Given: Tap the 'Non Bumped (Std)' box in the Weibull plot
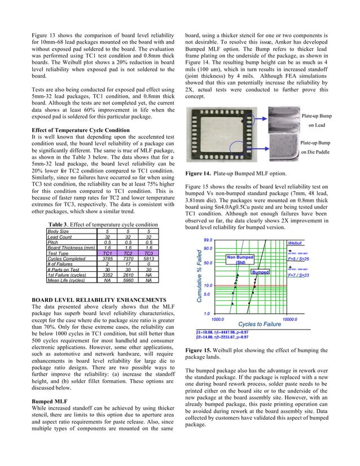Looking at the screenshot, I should [x=240, y=260].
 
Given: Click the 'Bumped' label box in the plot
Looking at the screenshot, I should [x=260, y=272].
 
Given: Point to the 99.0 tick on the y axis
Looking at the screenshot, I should [x=208, y=241].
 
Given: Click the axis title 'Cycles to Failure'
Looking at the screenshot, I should [x=260, y=324].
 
